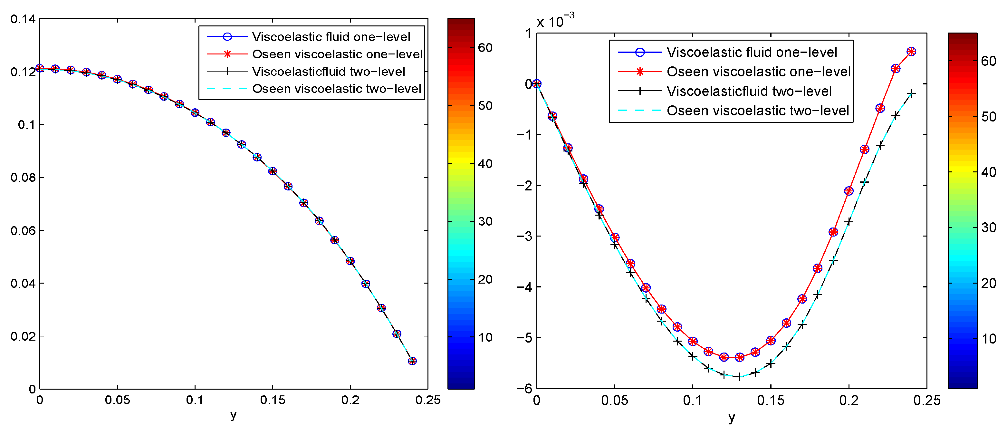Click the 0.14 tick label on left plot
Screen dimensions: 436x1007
[23, 19]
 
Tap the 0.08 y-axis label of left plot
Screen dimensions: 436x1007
[23, 178]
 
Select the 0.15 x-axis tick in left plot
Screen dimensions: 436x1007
[273, 400]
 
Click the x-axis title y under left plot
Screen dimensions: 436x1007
[233, 415]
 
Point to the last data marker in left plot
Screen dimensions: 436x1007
[412, 361]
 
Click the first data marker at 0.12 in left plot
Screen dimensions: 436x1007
[40, 68]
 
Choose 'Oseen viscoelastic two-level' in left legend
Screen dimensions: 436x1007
[337, 89]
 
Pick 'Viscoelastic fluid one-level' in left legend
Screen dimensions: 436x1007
[331, 37]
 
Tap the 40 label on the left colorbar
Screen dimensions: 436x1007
[485, 163]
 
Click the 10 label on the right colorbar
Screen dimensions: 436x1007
[989, 339]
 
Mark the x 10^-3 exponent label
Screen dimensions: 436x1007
[555, 21]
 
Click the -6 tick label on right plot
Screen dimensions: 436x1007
[524, 388]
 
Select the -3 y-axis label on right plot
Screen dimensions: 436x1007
[524, 236]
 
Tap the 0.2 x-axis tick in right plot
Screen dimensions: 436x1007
[849, 401]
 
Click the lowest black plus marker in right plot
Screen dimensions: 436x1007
[740, 377]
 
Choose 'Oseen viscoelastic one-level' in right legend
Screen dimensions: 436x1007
[758, 72]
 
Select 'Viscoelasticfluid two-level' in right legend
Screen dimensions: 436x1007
[749, 91]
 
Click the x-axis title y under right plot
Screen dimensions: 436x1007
[731, 418]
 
